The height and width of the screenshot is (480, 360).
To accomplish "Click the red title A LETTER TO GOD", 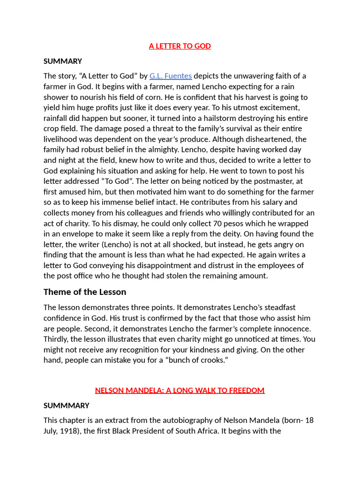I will (x=180, y=46).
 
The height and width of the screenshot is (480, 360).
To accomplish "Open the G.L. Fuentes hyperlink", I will (x=171, y=76).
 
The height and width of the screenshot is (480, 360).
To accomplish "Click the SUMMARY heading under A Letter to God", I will (x=63, y=61).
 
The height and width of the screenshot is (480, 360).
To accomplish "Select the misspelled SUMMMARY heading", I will (x=67, y=405).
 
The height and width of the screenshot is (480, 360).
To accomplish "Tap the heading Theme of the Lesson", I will (x=85, y=292).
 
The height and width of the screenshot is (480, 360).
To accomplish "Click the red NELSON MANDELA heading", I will (x=180, y=390).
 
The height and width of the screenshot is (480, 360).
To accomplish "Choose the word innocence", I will (x=289, y=329).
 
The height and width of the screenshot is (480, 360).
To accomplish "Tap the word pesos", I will (x=235, y=223).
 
